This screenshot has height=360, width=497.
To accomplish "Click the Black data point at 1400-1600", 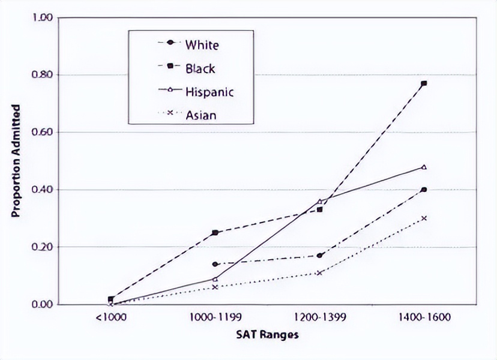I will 424,83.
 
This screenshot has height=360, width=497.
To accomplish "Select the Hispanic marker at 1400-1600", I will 424,167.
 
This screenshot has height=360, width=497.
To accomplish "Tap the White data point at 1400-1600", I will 424,190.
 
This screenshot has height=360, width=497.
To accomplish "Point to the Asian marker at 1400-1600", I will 424,218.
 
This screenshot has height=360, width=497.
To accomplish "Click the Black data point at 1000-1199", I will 215,232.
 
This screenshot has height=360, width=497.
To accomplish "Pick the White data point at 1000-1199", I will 215,264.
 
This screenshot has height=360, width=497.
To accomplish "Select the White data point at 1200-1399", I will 319,256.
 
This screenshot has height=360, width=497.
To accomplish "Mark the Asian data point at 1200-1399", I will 319,273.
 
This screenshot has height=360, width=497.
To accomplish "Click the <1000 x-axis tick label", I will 110,316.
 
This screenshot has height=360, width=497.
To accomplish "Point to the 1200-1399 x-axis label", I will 319,316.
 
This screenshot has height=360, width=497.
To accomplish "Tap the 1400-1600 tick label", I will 424,316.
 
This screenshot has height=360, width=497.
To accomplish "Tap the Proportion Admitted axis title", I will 17,161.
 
